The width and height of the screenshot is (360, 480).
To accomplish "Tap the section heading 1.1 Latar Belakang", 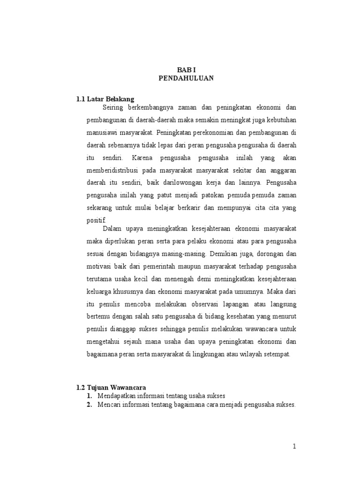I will [x=105, y=99].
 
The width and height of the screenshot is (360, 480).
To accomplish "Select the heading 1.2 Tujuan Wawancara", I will [x=111, y=387].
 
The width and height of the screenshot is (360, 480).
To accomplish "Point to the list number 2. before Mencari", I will [x=89, y=405].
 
